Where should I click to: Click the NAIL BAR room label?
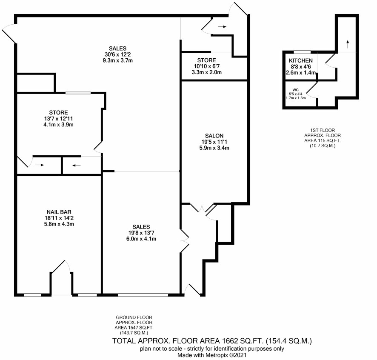[x=59, y=212]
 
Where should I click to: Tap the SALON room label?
[x=214, y=136]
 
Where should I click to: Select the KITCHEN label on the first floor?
[x=301, y=60]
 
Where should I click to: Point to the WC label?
[x=295, y=90]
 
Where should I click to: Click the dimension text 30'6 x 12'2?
[x=117, y=54]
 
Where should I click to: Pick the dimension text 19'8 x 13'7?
[x=141, y=233]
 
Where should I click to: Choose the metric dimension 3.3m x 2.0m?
[x=206, y=72]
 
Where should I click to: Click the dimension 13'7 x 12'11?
[x=58, y=119]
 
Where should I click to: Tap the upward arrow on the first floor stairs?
[x=348, y=44]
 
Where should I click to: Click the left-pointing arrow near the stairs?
[x=77, y=165]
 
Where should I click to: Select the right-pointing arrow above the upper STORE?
[x=222, y=27]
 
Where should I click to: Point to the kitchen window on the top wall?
[x=302, y=52]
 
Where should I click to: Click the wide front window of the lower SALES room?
[x=143, y=294]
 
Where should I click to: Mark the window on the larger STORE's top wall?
[x=78, y=93]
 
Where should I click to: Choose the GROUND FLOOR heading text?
[x=134, y=317]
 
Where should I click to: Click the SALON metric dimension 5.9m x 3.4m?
[x=214, y=148]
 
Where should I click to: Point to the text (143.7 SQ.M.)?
[x=134, y=333]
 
